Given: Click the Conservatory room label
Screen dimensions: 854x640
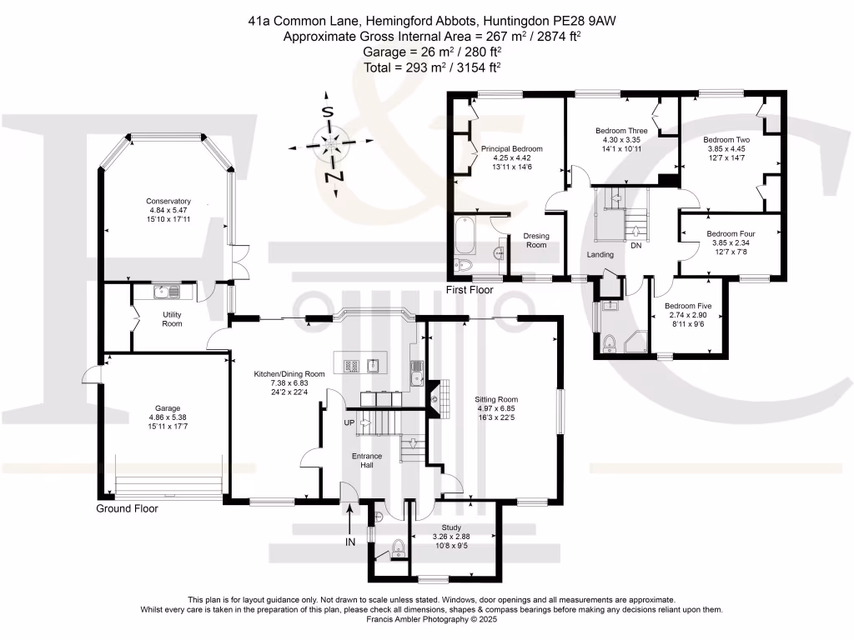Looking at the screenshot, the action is (x=168, y=202).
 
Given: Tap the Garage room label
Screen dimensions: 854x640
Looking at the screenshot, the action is (x=167, y=408).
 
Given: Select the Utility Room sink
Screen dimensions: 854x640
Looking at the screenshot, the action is (x=167, y=292).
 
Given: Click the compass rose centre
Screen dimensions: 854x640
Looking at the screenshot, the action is (x=330, y=142).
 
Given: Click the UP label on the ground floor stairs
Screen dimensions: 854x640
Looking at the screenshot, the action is (x=349, y=422).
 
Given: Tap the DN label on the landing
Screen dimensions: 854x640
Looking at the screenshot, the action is (x=636, y=246).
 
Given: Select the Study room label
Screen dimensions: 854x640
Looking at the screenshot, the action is (x=451, y=527).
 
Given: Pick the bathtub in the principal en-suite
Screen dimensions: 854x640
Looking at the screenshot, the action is (x=465, y=236).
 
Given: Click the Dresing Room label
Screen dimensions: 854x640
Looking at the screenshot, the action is (x=536, y=240).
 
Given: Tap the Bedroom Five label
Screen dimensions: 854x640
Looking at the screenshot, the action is (x=688, y=306).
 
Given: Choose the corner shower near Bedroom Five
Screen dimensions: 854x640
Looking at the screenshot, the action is (x=636, y=341).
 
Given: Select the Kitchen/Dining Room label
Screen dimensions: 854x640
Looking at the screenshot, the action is (x=289, y=374).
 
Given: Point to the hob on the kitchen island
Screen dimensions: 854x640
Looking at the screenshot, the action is (x=351, y=367).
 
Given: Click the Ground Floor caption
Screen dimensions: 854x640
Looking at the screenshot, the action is (x=127, y=508).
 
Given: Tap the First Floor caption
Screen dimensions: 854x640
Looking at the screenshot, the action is (x=470, y=290).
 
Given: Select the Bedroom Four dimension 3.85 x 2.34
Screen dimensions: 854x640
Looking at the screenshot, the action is (x=731, y=242).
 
